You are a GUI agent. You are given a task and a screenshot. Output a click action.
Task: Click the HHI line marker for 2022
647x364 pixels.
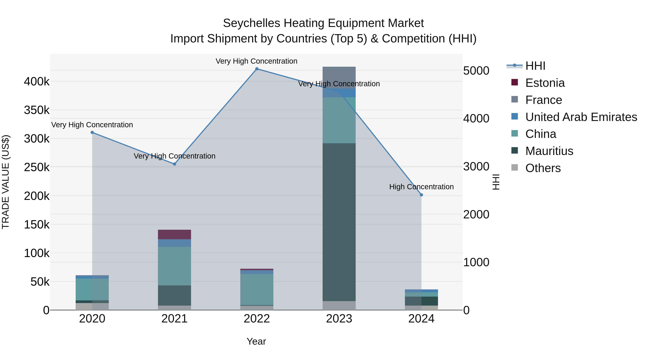(257, 69)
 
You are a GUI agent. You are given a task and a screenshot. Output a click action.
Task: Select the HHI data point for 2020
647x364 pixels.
(92, 132)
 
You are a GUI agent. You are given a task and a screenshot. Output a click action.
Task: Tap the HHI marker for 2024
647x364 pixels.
(421, 195)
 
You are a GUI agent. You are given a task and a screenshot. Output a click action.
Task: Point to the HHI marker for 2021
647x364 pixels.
(175, 164)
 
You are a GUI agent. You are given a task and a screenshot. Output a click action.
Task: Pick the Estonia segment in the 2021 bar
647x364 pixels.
(175, 234)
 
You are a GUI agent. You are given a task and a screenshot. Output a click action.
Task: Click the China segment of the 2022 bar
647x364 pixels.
(257, 289)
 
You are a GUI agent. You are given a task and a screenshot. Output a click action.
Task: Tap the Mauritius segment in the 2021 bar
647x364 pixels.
(175, 295)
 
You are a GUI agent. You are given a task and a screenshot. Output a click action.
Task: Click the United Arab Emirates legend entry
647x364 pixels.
(581, 117)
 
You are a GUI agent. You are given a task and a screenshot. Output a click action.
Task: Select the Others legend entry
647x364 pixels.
(543, 168)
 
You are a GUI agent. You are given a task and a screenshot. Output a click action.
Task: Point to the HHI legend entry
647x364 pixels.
(535, 66)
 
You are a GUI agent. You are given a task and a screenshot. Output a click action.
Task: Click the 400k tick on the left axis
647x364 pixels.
(37, 82)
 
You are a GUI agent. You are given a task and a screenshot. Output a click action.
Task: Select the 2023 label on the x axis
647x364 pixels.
(339, 319)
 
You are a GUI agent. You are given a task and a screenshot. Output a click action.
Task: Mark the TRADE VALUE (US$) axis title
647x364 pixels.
(6, 182)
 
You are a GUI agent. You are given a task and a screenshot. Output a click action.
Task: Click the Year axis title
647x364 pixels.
(256, 341)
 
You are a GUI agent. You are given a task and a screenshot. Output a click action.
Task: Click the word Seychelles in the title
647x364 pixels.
(251, 23)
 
